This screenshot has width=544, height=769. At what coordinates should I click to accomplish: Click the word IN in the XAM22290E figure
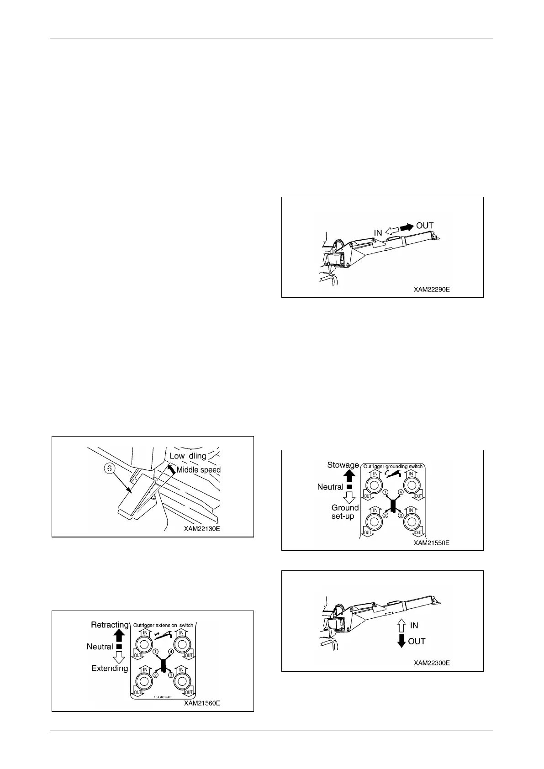pos(378,233)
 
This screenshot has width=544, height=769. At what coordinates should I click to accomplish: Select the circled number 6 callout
pos(110,469)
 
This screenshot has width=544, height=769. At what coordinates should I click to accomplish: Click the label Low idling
pos(188,456)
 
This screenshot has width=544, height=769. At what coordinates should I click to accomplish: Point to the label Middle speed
pos(198,470)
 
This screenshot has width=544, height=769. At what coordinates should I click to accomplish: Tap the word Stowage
pos(343,465)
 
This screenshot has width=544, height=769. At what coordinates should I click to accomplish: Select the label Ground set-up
pos(345,512)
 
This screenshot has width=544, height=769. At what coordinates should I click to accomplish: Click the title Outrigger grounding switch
pos(393,466)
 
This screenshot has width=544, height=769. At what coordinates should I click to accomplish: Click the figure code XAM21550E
pos(432,543)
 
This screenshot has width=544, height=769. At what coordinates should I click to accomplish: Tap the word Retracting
pos(110,625)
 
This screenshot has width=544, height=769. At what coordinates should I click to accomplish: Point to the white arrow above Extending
pos(119,658)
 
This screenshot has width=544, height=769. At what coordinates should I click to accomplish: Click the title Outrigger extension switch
pos(163,625)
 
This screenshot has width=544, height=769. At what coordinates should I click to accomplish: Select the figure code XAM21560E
pos(202,703)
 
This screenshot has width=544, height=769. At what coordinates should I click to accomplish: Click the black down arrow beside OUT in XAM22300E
pos(401,641)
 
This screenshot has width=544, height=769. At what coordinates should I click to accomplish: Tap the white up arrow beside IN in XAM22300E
pos(401,625)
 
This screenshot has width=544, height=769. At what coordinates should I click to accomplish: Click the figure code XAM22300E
pos(432,663)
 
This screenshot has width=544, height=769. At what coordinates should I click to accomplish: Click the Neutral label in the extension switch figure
pos(100,647)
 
